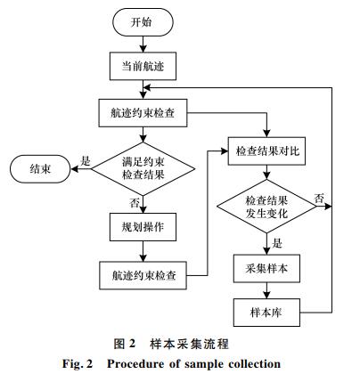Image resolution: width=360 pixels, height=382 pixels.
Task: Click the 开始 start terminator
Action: [x=143, y=22]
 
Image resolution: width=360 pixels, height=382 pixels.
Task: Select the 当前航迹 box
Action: [x=143, y=66]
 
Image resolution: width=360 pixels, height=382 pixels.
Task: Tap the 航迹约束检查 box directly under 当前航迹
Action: [x=143, y=113]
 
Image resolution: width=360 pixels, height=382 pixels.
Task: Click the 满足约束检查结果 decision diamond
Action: [x=143, y=169]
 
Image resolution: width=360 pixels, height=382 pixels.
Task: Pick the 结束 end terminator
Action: [x=40, y=169]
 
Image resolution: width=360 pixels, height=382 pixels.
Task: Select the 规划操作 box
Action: [x=143, y=227]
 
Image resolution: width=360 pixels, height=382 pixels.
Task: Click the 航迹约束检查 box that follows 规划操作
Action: [x=143, y=275]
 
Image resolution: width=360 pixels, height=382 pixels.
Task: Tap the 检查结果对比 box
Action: [x=266, y=151]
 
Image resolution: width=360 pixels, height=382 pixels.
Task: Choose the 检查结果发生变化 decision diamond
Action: [x=266, y=207]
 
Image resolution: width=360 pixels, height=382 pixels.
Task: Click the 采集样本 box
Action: [x=266, y=268]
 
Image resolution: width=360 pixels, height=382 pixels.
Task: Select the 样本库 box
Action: [x=266, y=313]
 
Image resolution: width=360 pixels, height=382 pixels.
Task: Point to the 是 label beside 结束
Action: [x=86, y=161]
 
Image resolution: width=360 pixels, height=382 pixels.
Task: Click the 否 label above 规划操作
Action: [x=134, y=203]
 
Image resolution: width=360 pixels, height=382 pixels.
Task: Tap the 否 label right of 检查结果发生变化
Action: [x=319, y=199]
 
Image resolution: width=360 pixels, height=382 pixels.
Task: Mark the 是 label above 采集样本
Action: [x=277, y=243]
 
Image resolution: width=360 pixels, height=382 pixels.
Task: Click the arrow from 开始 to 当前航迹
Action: [x=143, y=45]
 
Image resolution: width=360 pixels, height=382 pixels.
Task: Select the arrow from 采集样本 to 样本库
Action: [x=266, y=290]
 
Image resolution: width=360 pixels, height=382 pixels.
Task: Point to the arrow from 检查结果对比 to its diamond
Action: [x=266, y=172]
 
